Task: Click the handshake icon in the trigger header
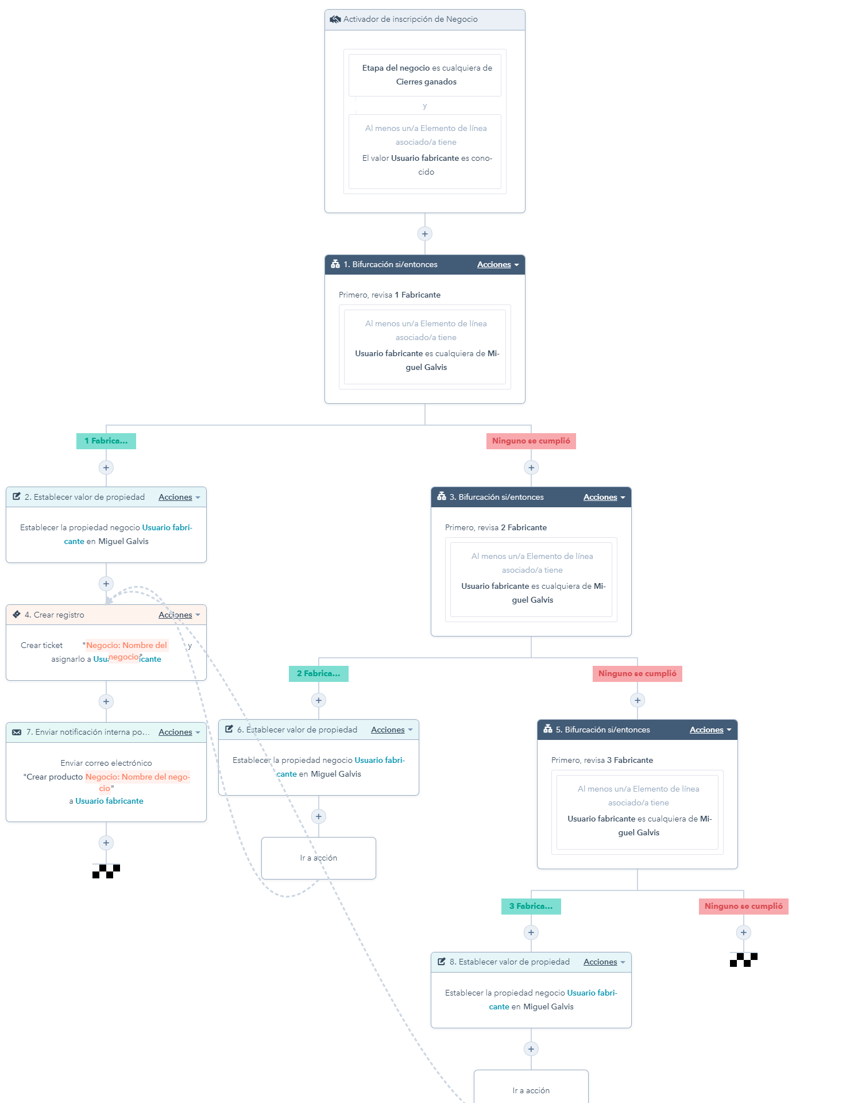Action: pyautogui.click(x=335, y=20)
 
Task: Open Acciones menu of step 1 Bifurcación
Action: pyautogui.click(x=497, y=265)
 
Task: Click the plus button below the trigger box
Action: pyautogui.click(x=424, y=234)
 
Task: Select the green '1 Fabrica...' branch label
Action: pyautogui.click(x=106, y=441)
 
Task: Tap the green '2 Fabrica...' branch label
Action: pyautogui.click(x=319, y=674)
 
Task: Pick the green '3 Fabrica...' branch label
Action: pyautogui.click(x=531, y=907)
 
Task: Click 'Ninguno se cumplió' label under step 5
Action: pyautogui.click(x=743, y=907)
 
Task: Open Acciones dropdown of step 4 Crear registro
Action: pyautogui.click(x=179, y=615)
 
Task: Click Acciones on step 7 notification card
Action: pyautogui.click(x=179, y=732)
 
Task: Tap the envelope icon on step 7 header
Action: pyautogui.click(x=17, y=732)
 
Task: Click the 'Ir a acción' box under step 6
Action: pyautogui.click(x=319, y=858)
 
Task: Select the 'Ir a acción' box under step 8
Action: pyautogui.click(x=531, y=1089)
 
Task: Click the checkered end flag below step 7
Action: pyautogui.click(x=106, y=871)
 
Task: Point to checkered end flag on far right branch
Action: pyautogui.click(x=743, y=959)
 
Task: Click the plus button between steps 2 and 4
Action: pyautogui.click(x=106, y=584)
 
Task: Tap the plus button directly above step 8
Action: pyautogui.click(x=531, y=932)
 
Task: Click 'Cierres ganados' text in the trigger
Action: pyautogui.click(x=426, y=82)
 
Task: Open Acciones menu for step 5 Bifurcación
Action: pyautogui.click(x=710, y=730)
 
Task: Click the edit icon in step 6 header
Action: pyautogui.click(x=229, y=730)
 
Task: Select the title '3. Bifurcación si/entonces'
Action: pyautogui.click(x=496, y=497)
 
